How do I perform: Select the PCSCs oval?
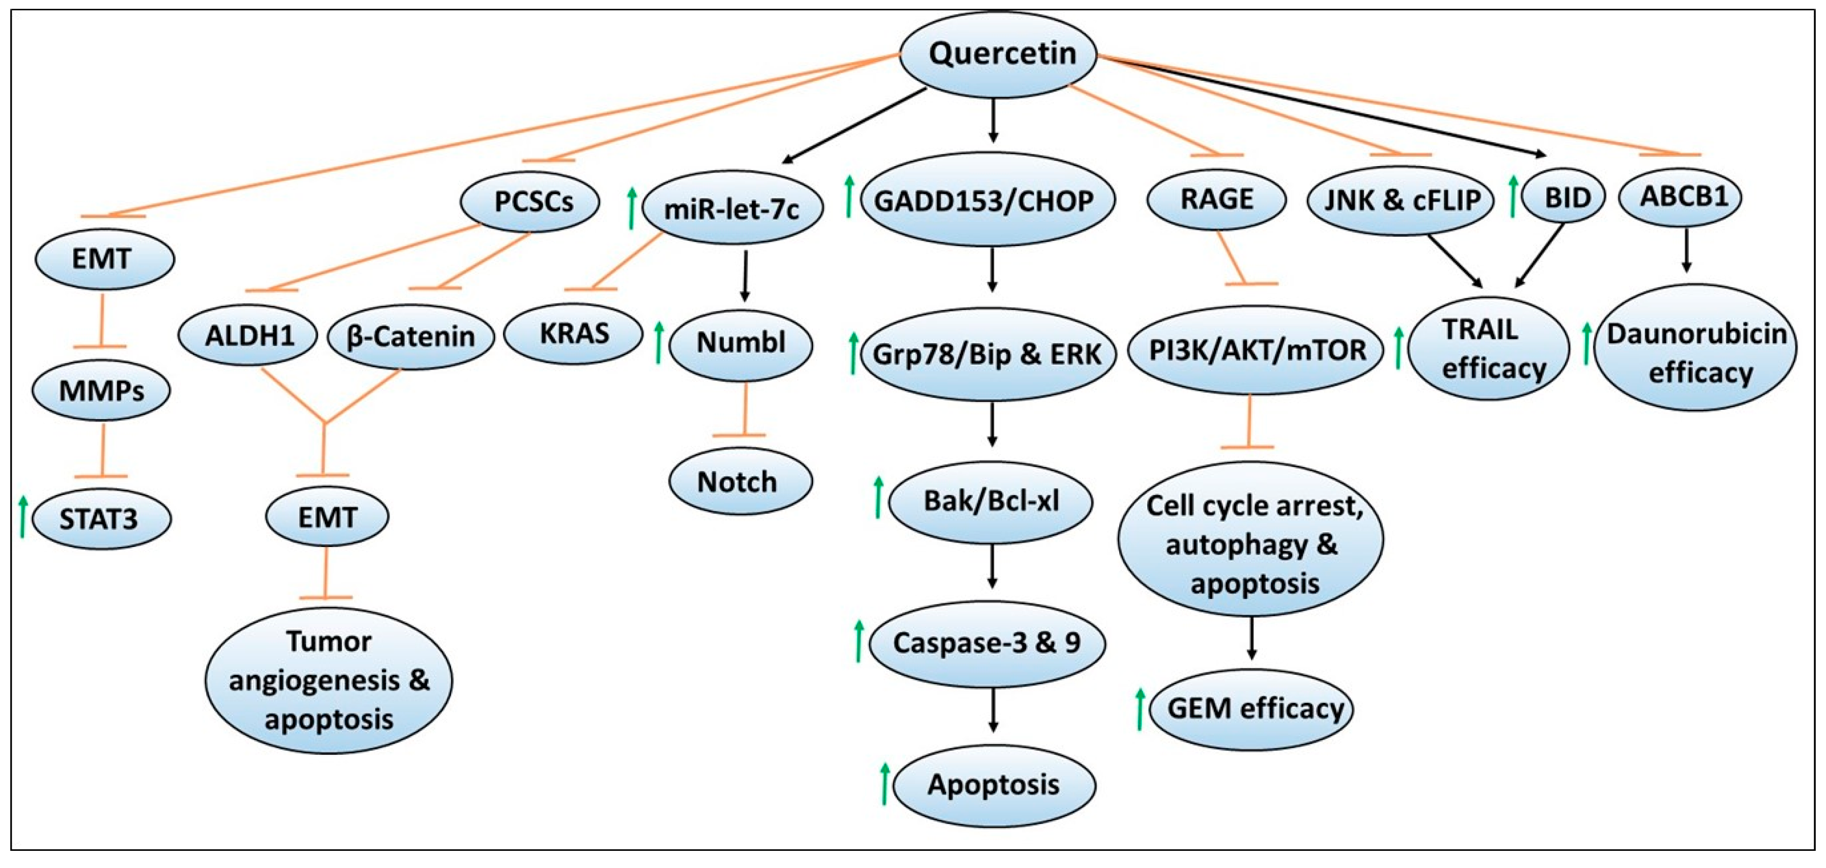click(530, 202)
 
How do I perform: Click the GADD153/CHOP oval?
click(988, 200)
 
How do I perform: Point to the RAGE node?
click(1216, 199)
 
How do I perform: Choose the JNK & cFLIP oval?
click(1401, 200)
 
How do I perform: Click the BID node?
click(1567, 198)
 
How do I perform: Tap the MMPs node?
click(101, 390)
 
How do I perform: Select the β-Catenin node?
click(411, 336)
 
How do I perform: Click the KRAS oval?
click(574, 333)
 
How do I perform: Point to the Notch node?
click(739, 482)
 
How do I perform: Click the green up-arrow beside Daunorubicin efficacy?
click(1586, 343)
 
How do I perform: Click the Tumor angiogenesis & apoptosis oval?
click(329, 681)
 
